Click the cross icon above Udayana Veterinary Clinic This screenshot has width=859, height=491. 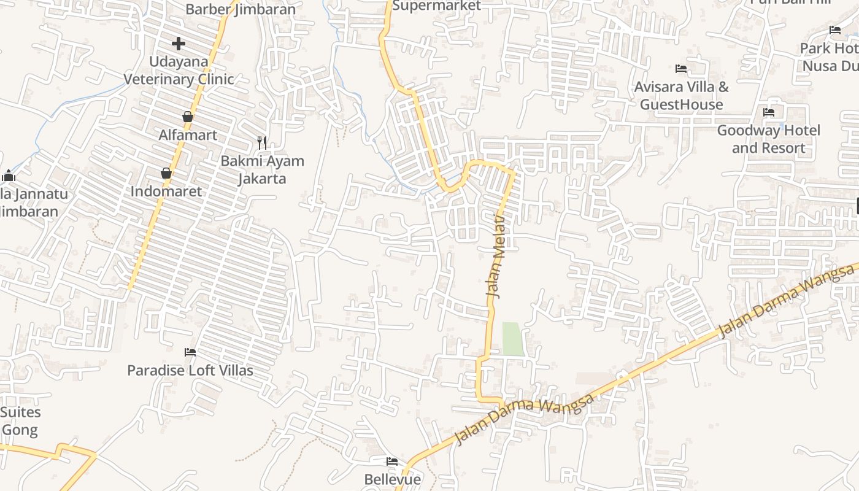click(179, 44)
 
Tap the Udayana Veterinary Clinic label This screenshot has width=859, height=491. click(179, 71)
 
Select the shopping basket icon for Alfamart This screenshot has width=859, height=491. click(188, 117)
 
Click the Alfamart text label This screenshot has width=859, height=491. click(188, 135)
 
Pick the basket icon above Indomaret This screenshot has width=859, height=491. click(166, 173)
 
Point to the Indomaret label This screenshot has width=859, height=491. click(166, 191)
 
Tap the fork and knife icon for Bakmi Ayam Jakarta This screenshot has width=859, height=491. click(262, 143)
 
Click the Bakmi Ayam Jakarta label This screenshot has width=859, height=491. click(262, 170)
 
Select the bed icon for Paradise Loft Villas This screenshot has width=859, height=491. click(190, 352)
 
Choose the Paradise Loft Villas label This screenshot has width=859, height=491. click(190, 371)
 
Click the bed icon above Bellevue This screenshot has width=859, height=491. click(392, 462)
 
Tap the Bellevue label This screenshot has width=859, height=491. click(393, 479)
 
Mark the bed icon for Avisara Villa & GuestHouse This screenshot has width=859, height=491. click(681, 69)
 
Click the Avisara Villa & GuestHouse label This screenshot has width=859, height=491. click(681, 96)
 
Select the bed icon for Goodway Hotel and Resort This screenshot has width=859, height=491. click(769, 112)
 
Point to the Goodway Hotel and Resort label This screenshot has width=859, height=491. click(769, 139)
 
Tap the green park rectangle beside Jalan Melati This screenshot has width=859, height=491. click(514, 339)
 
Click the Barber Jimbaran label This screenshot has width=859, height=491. click(241, 9)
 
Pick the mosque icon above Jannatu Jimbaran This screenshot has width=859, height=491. click(9, 176)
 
